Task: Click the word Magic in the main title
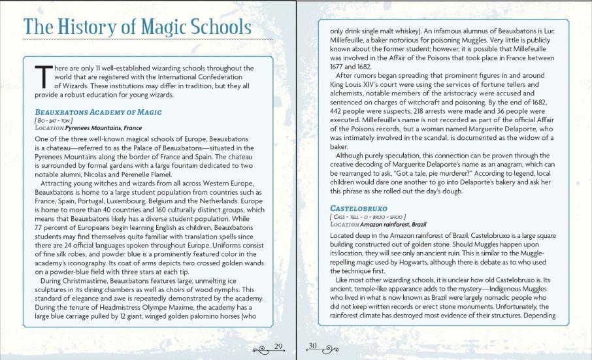[164, 27]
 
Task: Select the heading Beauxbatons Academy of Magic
[98, 112]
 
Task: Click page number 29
[278, 346]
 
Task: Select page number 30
[312, 346]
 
